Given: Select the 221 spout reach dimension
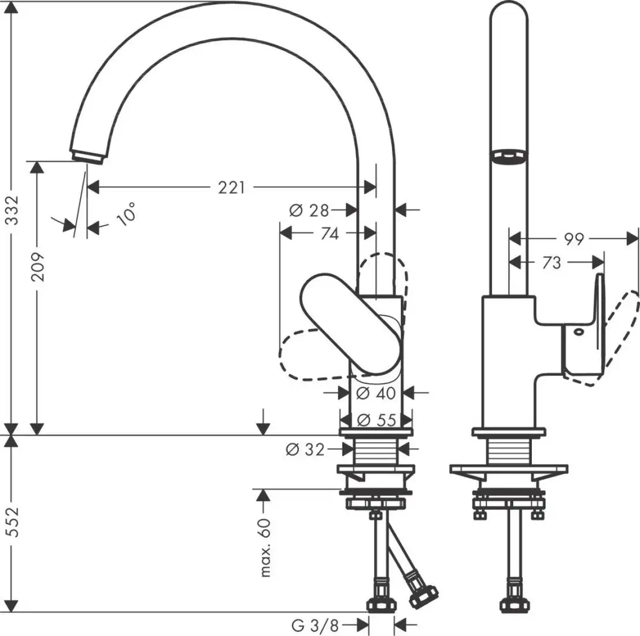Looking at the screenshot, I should point(231,187).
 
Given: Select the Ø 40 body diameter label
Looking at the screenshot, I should point(376,393).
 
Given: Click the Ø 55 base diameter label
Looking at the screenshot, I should point(376,420).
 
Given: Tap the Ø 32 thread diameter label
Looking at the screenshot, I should point(305,449).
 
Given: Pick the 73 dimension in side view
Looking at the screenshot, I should point(552,263).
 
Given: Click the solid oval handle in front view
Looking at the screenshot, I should point(350,322).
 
